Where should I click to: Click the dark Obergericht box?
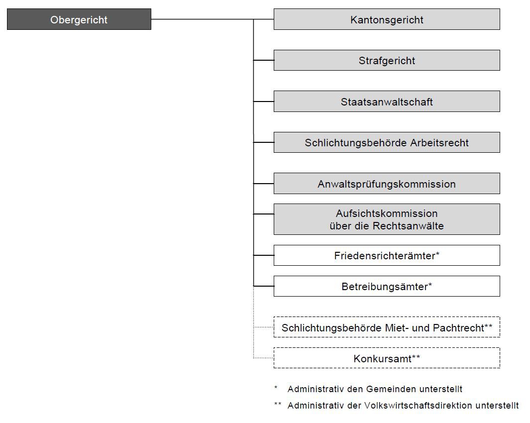(79, 19)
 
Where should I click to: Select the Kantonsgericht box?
(386, 19)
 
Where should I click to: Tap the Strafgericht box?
(386, 61)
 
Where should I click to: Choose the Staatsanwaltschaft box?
(386, 102)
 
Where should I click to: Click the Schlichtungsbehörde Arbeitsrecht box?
(386, 142)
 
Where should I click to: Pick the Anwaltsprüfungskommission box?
(386, 184)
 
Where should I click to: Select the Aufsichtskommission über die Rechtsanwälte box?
(386, 219)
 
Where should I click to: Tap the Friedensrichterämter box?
(386, 255)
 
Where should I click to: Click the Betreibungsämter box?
(386, 286)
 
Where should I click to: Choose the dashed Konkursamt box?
(386, 358)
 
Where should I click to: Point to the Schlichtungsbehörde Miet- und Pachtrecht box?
(386, 327)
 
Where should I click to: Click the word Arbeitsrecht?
(439, 143)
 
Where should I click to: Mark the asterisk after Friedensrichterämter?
(437, 254)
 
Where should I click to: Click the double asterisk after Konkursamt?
(416, 356)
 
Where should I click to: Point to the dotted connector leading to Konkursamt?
(263, 358)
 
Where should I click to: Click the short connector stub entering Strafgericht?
(263, 60)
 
